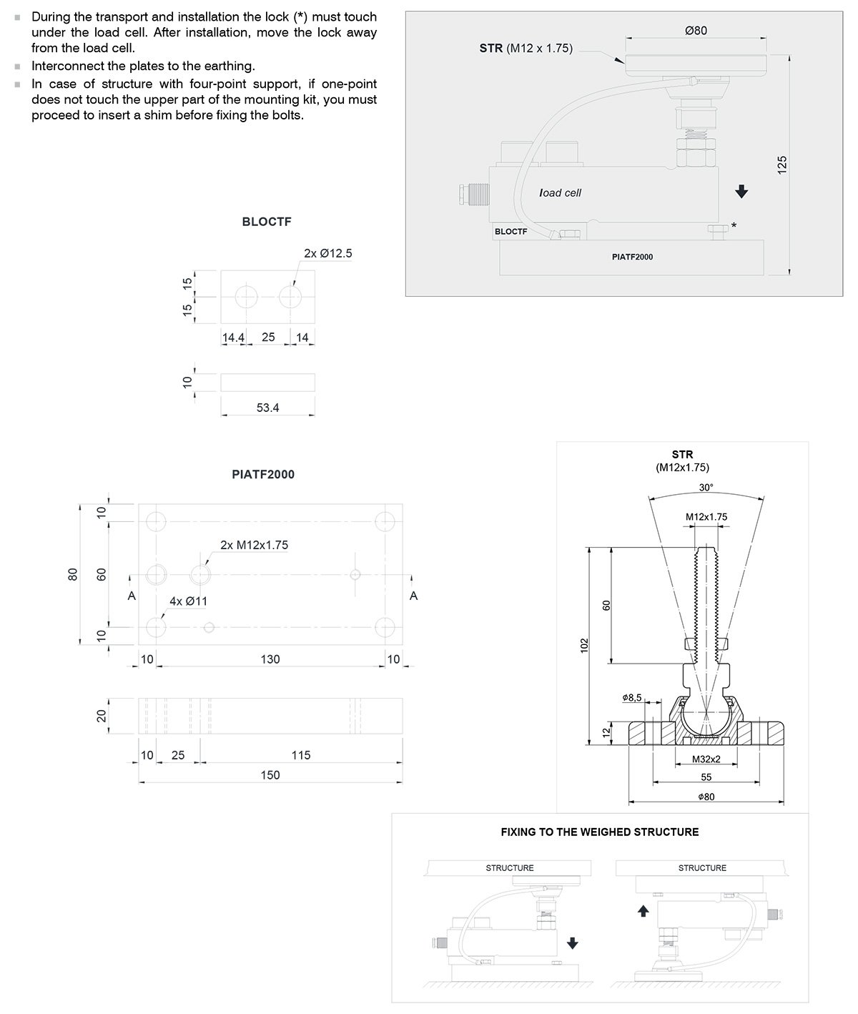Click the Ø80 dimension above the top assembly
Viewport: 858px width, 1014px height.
tap(695, 31)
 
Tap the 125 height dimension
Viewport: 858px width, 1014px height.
tap(781, 164)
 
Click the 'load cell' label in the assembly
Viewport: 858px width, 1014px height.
tap(561, 193)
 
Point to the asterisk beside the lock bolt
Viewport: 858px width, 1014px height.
tap(734, 226)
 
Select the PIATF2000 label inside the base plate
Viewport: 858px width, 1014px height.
tap(632, 257)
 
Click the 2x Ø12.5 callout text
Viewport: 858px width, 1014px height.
tap(328, 253)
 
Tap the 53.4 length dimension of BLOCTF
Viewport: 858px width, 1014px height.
tap(267, 408)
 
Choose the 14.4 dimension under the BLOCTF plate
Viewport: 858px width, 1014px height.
tap(233, 338)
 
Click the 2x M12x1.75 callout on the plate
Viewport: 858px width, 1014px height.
tap(254, 545)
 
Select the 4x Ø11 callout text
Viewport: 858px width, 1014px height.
tap(188, 601)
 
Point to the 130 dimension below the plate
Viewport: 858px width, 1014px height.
tap(270, 659)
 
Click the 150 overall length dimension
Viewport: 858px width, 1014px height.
tap(270, 775)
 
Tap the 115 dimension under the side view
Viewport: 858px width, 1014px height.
tap(301, 755)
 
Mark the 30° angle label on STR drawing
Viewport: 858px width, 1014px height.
tap(706, 488)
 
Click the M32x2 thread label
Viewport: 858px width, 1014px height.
tap(706, 759)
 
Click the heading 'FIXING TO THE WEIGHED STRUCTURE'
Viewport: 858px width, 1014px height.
tap(599, 832)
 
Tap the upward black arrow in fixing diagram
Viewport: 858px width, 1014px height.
tap(643, 910)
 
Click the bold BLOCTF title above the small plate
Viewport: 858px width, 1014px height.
tap(267, 222)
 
